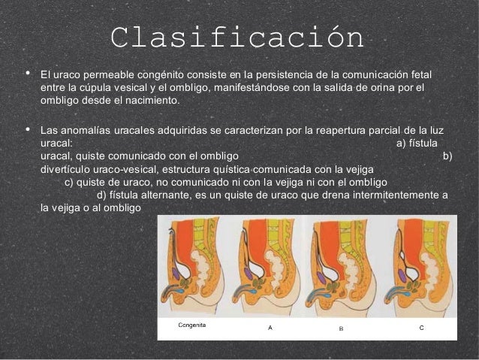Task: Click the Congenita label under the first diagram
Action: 192,325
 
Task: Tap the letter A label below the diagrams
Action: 270,328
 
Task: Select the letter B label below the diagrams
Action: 341,329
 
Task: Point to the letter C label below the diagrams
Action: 421,328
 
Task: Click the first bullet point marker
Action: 27,75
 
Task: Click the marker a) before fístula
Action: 400,142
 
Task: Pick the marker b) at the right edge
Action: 447,156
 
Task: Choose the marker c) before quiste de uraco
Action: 70,182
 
